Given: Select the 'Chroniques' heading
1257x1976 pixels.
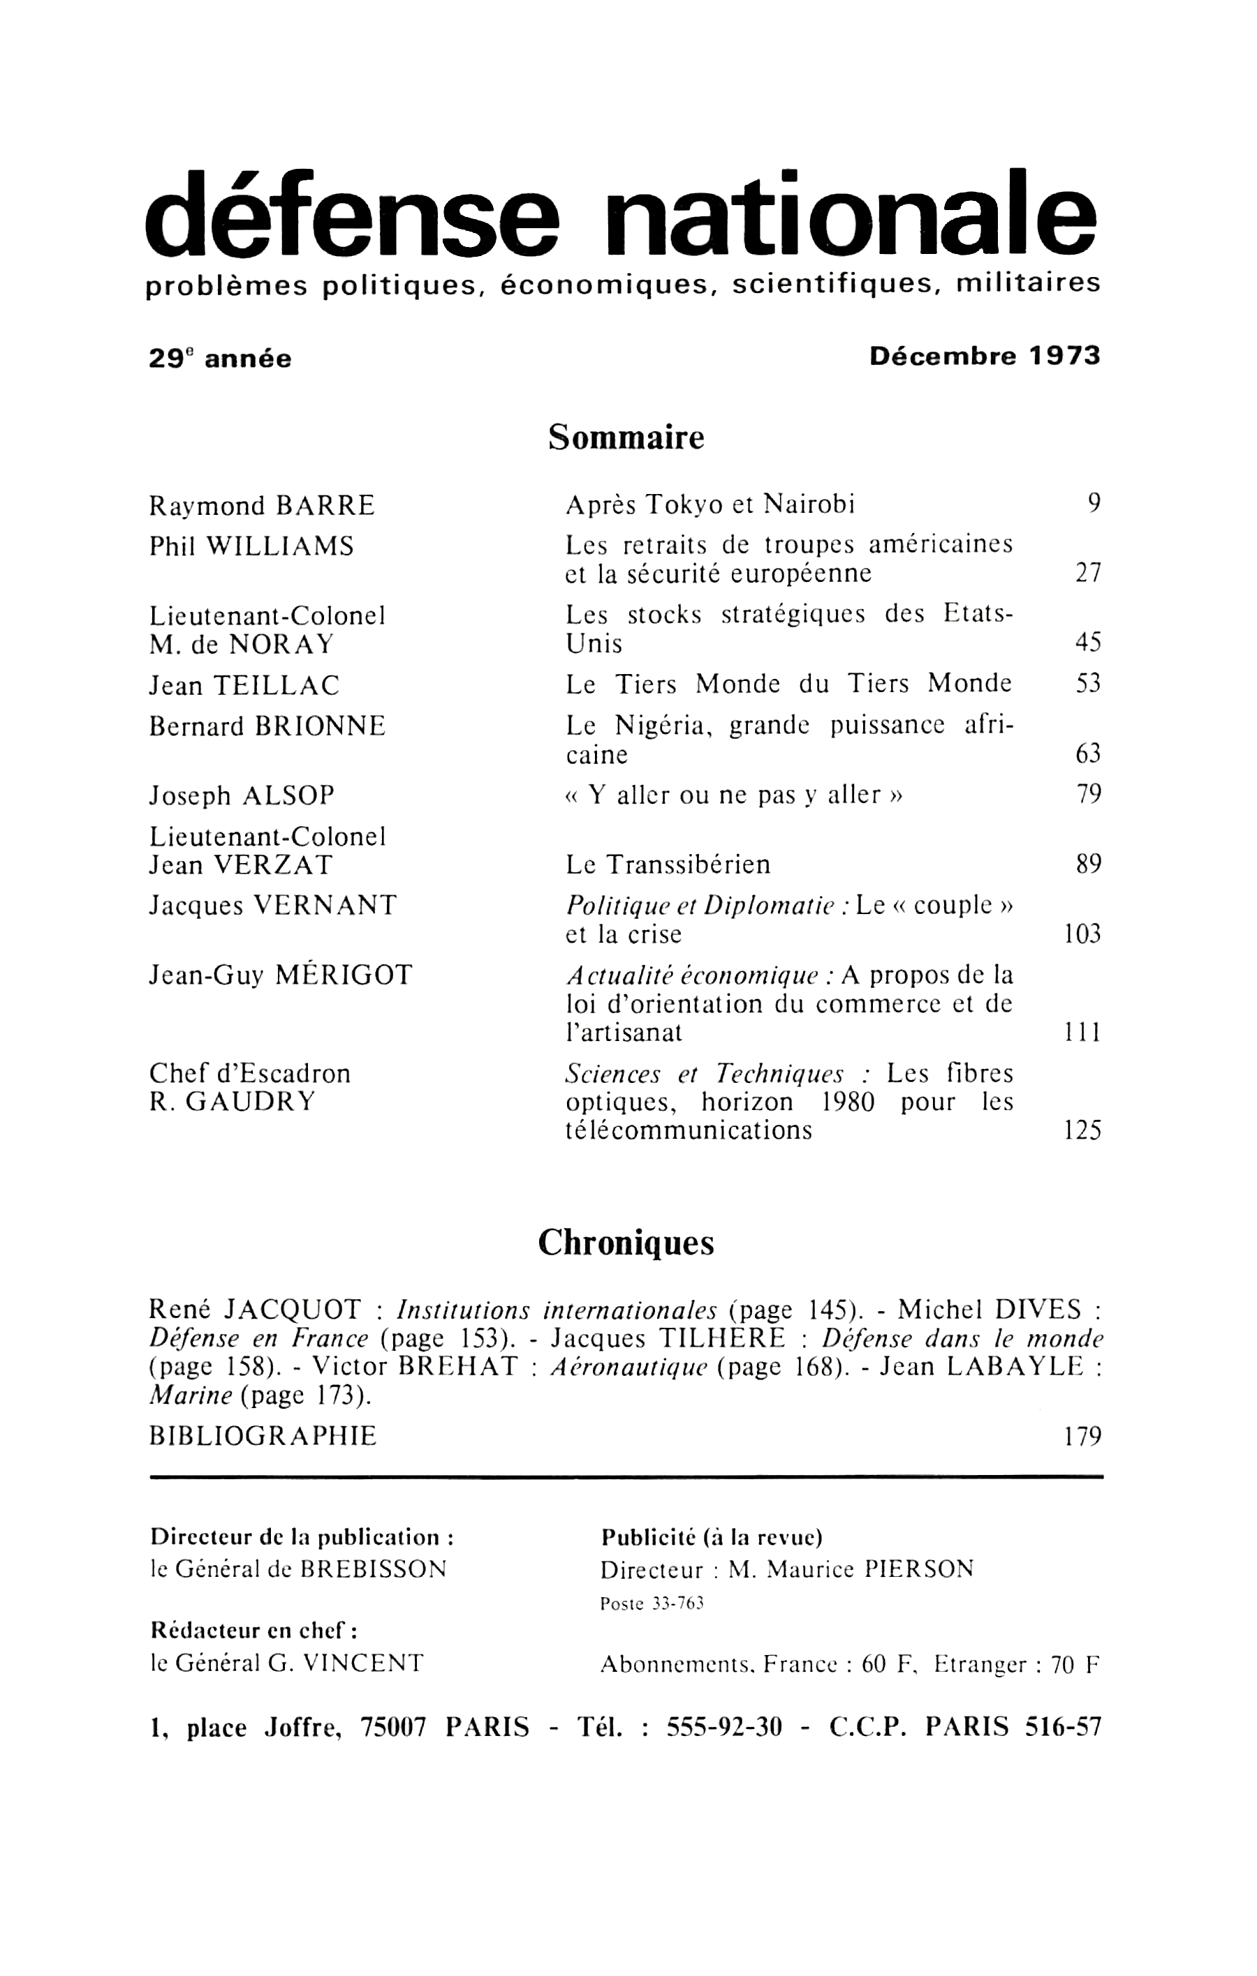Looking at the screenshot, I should [626, 1245].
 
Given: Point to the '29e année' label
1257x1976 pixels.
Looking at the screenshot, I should [220, 359].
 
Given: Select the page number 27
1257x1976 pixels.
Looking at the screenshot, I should [1087, 573].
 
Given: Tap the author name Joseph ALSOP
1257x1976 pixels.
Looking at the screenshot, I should [242, 795].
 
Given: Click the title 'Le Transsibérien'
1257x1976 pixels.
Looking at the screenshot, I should [668, 865].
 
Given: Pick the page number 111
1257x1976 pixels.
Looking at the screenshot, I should [1082, 1033].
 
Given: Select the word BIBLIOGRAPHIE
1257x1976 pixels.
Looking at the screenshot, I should [263, 1436].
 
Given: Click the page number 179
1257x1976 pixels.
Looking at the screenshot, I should [1082, 1436].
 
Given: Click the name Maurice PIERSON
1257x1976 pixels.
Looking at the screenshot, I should [874, 1570].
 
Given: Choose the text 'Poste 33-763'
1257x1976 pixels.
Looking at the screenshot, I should [652, 1603].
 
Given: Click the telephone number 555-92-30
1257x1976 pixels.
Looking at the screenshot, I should [723, 1728].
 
